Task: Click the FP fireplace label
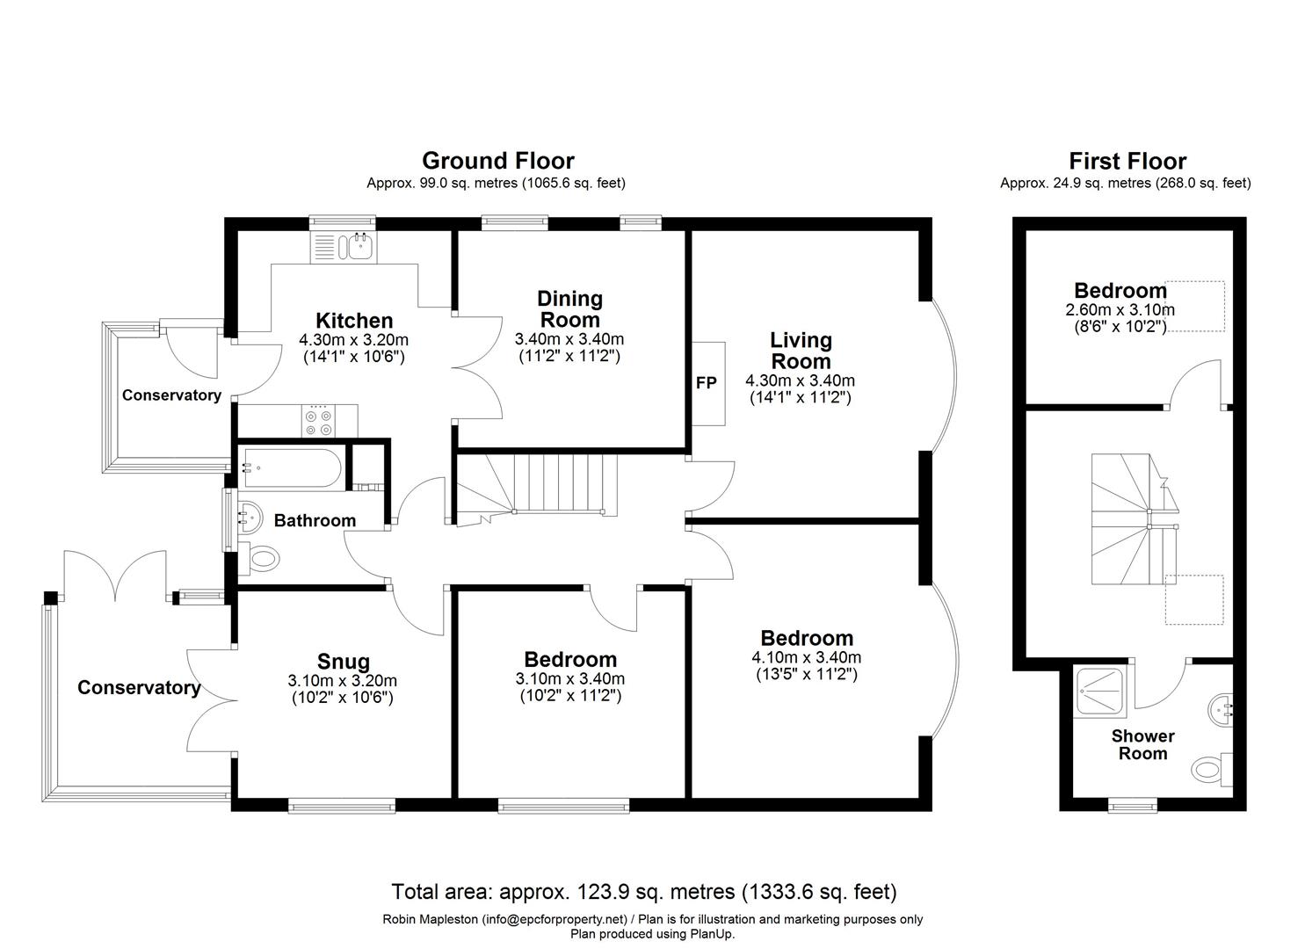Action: point(707,383)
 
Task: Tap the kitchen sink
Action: point(360,246)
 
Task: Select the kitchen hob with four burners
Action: point(317,420)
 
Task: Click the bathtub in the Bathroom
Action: point(290,468)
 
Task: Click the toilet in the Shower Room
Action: point(1213,770)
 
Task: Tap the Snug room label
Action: point(344,662)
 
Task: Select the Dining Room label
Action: point(569,309)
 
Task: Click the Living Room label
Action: point(801,350)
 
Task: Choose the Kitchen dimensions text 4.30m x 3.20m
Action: point(353,340)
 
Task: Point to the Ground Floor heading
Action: point(497,161)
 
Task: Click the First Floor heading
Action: point(1127,162)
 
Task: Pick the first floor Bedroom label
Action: point(1120,291)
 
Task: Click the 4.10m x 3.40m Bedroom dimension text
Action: point(806,657)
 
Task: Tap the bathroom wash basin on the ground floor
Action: point(249,518)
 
